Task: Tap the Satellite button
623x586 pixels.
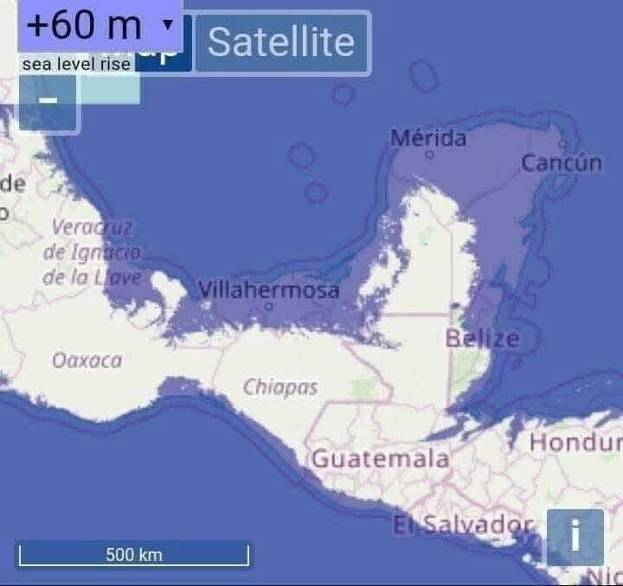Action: (281, 42)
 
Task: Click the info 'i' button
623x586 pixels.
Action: (575, 537)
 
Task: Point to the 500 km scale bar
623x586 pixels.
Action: (133, 554)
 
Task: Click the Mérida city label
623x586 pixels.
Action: (428, 138)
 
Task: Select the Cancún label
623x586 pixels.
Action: (561, 162)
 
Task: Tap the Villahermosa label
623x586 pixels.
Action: (269, 290)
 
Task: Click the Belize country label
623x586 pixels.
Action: (483, 338)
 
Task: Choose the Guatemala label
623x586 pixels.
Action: (381, 458)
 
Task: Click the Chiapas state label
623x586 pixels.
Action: (280, 387)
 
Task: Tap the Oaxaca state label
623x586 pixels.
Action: (87, 360)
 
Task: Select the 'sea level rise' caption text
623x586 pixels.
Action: (76, 64)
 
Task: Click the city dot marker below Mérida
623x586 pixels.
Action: (428, 156)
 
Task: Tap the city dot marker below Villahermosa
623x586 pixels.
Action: (268, 306)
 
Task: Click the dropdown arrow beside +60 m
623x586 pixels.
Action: (167, 24)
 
